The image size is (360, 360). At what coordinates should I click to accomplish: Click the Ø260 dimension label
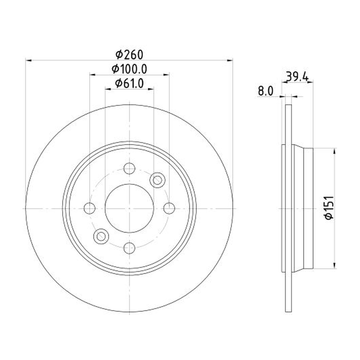point(129,54)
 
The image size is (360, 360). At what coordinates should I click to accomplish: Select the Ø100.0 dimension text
point(129,69)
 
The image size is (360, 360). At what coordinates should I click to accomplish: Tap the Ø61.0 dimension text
point(129,83)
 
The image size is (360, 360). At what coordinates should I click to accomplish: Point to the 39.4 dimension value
point(297,76)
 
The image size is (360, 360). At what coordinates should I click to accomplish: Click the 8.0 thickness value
point(265,91)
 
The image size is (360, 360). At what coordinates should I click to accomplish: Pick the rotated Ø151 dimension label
point(329,208)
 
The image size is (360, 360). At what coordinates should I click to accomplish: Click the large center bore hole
point(129,208)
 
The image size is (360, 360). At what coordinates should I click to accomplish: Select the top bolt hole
point(129,168)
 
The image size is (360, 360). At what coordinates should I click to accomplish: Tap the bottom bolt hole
point(129,248)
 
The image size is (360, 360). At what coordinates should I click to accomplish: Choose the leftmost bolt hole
point(90,208)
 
